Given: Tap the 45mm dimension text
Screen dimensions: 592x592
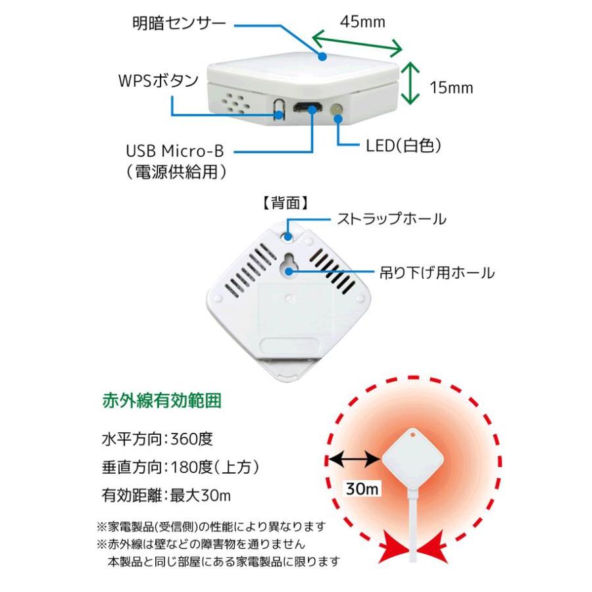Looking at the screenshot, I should point(362,21).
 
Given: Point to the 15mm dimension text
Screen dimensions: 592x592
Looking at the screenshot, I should point(451,87).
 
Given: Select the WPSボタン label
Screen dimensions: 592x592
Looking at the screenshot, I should point(158,81).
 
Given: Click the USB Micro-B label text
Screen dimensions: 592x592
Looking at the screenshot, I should point(175,151).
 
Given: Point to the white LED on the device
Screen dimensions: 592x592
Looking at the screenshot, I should point(337,111).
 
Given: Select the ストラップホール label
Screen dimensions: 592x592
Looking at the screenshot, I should point(391,218).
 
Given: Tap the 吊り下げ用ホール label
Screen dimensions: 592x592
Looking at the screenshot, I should point(437,272).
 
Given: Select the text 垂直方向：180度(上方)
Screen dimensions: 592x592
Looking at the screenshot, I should point(180,467).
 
